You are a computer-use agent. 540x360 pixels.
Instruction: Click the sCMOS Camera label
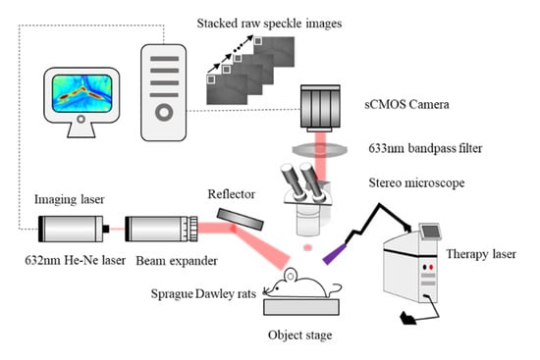pyautogui.click(x=406, y=104)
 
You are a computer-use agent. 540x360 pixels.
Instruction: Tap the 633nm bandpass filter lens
pyautogui.click(x=320, y=149)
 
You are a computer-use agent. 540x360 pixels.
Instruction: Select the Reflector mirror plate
pyautogui.click(x=240, y=220)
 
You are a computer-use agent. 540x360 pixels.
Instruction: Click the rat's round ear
pyautogui.click(x=290, y=275)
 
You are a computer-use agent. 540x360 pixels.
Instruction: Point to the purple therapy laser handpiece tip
pyautogui.click(x=334, y=254)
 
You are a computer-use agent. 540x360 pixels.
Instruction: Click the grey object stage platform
pyautogui.click(x=301, y=307)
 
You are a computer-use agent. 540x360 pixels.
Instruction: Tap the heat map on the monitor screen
pyautogui.click(x=81, y=93)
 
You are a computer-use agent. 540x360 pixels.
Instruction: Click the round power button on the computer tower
pyautogui.click(x=164, y=112)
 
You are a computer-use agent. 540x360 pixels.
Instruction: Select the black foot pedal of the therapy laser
pyautogui.click(x=408, y=319)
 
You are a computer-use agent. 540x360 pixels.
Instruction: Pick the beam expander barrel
pyautogui.click(x=161, y=229)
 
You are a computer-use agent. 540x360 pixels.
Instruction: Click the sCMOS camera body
pyautogui.click(x=320, y=108)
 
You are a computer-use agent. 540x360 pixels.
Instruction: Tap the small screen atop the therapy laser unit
pyautogui.click(x=431, y=231)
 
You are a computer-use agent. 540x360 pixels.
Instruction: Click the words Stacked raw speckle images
pyautogui.click(x=269, y=24)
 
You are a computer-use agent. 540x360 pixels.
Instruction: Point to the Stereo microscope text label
pyautogui.click(x=416, y=182)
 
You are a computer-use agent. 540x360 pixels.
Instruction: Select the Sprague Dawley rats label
pyautogui.click(x=203, y=294)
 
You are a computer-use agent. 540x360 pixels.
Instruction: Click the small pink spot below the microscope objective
pyautogui.click(x=307, y=247)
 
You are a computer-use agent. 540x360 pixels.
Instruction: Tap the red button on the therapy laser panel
pyautogui.click(x=431, y=267)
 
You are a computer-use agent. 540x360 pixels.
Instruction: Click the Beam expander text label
pyautogui.click(x=177, y=261)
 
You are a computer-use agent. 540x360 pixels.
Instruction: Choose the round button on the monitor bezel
pyautogui.click(x=81, y=120)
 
